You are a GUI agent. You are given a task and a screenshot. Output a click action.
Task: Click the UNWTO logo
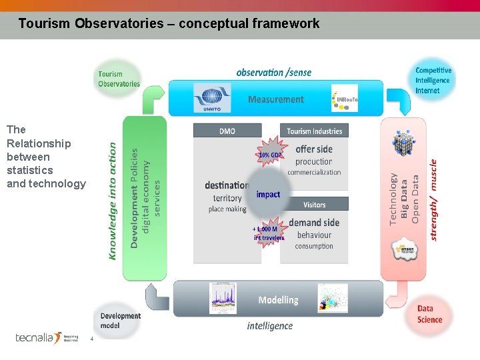[x=212, y=98]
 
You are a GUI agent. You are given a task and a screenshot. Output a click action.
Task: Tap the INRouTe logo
[x=345, y=98]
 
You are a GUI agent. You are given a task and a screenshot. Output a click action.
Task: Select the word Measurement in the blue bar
[x=276, y=99]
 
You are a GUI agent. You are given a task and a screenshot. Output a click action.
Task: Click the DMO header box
[x=227, y=131]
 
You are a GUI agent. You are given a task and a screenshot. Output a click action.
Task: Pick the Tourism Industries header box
[x=314, y=131]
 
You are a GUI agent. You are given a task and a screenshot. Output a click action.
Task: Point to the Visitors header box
[x=314, y=204]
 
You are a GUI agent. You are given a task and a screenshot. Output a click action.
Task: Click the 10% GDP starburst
[x=270, y=155]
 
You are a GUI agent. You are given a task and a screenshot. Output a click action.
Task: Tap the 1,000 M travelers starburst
[x=267, y=233]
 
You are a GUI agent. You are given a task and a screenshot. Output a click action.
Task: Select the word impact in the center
[x=268, y=194]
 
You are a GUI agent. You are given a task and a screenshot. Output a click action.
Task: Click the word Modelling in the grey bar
[x=278, y=300]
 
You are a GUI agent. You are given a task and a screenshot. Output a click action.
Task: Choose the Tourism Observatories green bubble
[x=119, y=79]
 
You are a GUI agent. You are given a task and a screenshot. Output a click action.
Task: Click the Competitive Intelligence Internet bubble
[x=433, y=80]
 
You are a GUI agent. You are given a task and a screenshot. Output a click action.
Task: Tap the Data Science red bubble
[x=430, y=314]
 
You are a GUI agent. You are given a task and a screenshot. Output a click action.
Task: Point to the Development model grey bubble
[x=120, y=320]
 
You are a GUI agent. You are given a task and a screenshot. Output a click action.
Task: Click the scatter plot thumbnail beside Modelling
[x=333, y=298]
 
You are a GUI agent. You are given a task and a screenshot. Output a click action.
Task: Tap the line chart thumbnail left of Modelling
[x=223, y=298]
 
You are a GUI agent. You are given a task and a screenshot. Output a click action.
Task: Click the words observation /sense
[x=273, y=72]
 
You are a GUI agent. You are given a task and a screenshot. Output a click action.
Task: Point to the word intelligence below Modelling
[x=269, y=326]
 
